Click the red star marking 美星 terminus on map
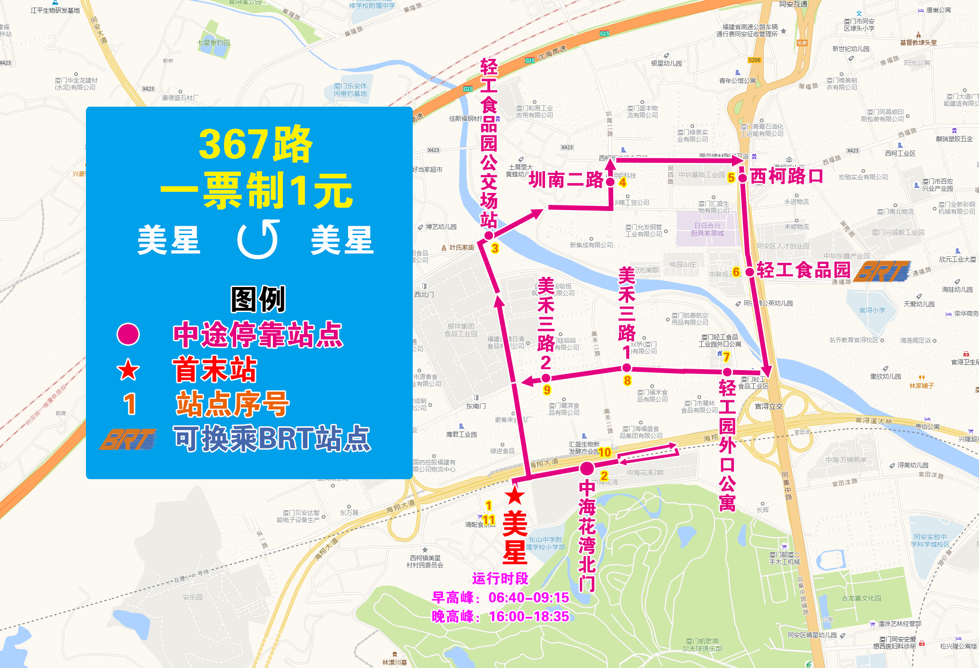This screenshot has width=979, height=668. coord(514,496)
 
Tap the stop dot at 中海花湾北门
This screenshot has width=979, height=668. coord(587,468)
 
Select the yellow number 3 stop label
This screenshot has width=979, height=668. coord(494,248)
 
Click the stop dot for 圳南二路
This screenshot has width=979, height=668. coord(610,182)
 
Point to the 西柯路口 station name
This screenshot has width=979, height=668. coord(786,176)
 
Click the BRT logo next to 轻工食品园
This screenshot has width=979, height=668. coord(882,271)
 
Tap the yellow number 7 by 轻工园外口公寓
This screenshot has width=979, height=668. coord(726,357)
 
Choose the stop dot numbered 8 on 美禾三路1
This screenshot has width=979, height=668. coord(626,368)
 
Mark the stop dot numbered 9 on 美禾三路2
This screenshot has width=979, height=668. coord(545,378)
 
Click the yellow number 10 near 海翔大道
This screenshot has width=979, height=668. coord(604,452)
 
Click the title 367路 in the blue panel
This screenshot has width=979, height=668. coord(255,144)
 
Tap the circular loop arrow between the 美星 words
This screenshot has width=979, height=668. coord(258,239)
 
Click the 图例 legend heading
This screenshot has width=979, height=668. coord(258,299)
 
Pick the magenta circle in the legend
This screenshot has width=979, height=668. coord(128,334)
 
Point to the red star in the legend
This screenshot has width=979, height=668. coord(128,370)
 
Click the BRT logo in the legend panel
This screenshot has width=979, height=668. coord(129,439)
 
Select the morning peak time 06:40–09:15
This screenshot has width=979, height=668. coord(528,598)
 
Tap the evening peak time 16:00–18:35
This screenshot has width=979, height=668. coord(528,617)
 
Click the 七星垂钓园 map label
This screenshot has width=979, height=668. coord(213,42)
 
